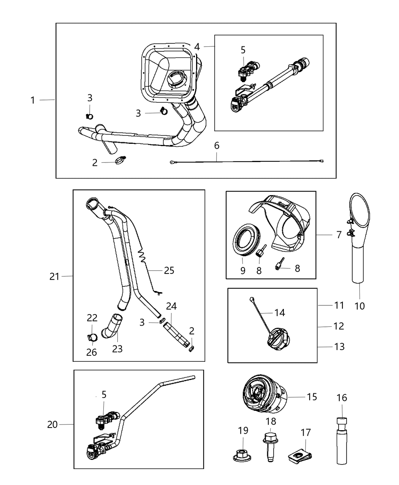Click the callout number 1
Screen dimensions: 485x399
point(33,100)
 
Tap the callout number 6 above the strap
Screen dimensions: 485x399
point(217,145)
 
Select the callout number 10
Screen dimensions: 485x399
point(359,305)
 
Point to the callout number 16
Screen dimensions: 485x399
point(342,398)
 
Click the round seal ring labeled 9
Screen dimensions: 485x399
point(244,244)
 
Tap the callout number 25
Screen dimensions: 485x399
point(169,270)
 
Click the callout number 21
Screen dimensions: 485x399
point(54,277)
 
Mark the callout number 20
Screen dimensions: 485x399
point(52,424)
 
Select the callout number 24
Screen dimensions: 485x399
point(171,306)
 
